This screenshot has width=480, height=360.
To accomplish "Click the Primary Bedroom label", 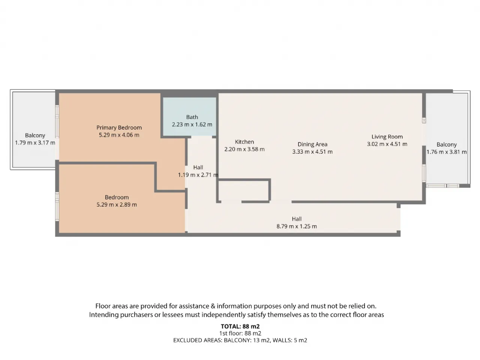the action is coord(119,127).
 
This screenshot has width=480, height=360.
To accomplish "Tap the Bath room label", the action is coord(192,117).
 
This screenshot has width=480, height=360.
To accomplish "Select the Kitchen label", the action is coord(244,142).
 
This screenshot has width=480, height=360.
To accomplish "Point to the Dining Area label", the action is coord(312,144).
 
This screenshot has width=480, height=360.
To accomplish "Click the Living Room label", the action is coord(387,137).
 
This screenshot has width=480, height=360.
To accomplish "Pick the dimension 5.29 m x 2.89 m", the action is coord(117,205).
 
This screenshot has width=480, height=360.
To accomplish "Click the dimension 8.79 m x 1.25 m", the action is coord(297,226).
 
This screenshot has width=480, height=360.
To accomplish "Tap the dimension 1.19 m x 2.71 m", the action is coord(198,175).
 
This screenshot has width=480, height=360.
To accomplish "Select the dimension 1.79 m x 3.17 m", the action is coord(35,143).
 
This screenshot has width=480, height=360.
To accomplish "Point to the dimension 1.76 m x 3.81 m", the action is coord(447,152).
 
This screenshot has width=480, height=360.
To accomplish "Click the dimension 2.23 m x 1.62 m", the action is coord(192,124).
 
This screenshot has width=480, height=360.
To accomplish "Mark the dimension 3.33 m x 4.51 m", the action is coord(312,152).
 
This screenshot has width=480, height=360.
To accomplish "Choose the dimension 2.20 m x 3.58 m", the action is coord(244,149).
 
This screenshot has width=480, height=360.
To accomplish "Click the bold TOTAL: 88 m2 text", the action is coord(240,326).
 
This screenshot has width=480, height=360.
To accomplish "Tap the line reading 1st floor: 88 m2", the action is coord(240,333).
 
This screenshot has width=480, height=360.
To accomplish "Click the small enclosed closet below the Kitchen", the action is coord(243,190).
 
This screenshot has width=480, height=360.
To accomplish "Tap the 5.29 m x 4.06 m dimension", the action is coord(119,135).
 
